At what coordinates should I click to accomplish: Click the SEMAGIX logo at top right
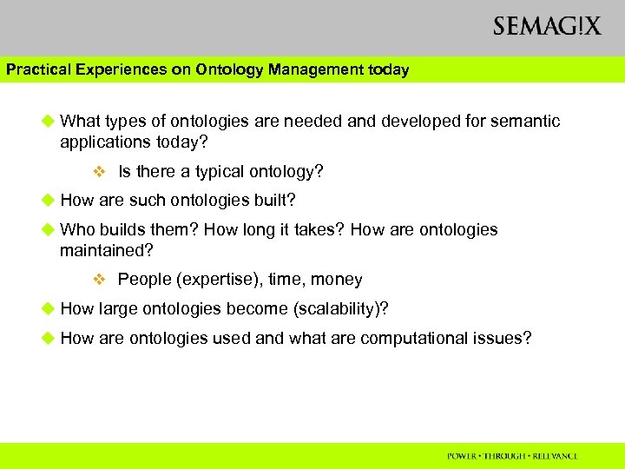[x=547, y=26]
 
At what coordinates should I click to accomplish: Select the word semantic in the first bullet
[x=527, y=121]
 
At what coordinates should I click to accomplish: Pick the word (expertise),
[x=218, y=280]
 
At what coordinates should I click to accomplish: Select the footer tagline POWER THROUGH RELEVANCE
[x=512, y=456]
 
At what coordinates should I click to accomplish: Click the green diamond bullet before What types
[x=48, y=121]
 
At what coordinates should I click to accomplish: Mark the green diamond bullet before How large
[x=48, y=308]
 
